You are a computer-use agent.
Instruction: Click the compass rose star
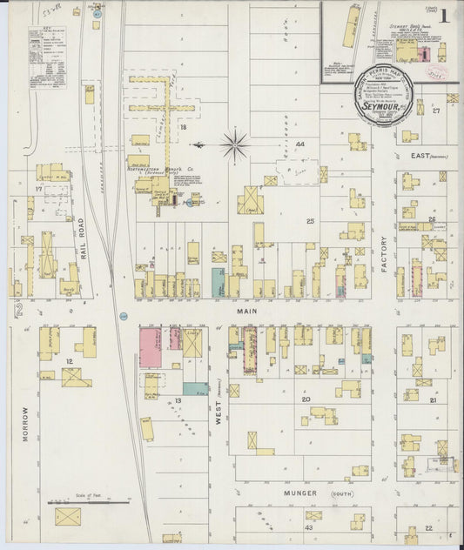coord(235,144)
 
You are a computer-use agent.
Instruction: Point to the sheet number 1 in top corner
coord(445,15)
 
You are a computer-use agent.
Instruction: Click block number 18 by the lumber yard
coord(184,128)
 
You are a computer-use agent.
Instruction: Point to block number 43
coord(308,527)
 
